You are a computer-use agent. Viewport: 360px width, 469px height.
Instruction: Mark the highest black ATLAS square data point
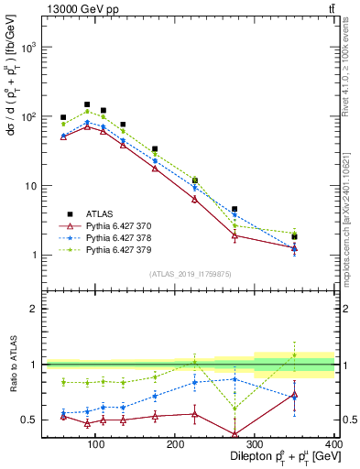point(86,104)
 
